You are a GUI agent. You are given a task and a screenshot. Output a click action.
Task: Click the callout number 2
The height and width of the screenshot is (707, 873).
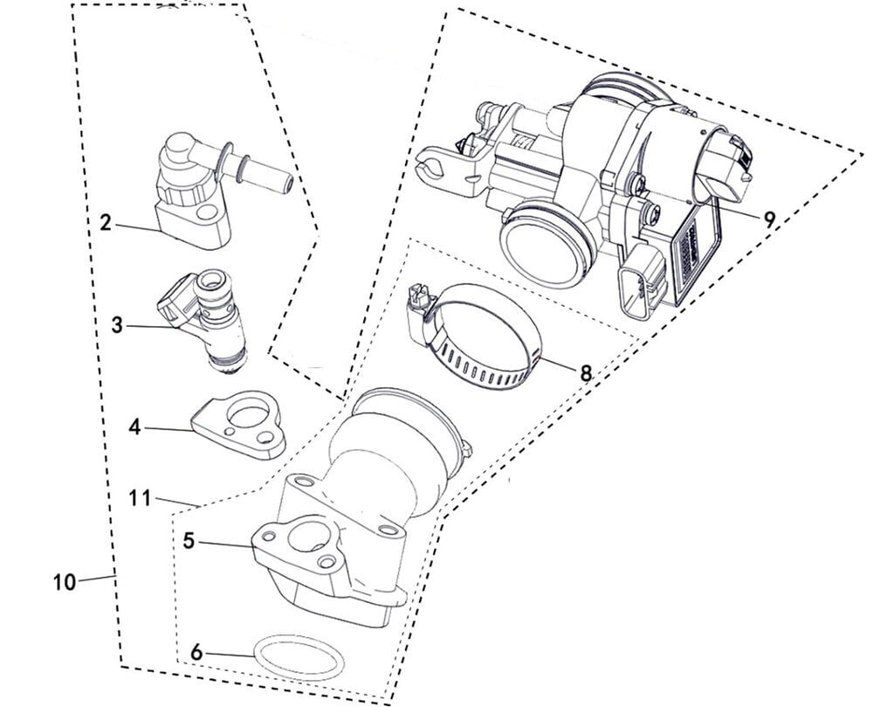[106, 223]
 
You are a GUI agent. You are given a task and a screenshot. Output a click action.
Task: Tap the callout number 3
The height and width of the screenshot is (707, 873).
[116, 325]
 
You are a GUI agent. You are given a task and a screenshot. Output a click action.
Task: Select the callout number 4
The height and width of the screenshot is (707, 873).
[134, 427]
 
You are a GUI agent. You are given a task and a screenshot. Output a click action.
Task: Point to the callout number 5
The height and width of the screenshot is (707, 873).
[189, 540]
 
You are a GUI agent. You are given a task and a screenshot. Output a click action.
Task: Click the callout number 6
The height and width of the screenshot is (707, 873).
[196, 653]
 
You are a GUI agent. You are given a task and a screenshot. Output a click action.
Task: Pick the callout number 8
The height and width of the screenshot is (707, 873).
[585, 372]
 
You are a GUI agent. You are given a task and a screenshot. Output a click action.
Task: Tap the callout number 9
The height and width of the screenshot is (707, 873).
[769, 219]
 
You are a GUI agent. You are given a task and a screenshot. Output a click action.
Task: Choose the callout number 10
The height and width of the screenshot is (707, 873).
[64, 582]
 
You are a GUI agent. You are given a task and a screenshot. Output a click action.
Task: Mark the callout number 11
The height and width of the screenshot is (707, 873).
[140, 497]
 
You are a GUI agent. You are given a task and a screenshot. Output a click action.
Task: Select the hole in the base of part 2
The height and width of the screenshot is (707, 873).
[207, 211]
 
